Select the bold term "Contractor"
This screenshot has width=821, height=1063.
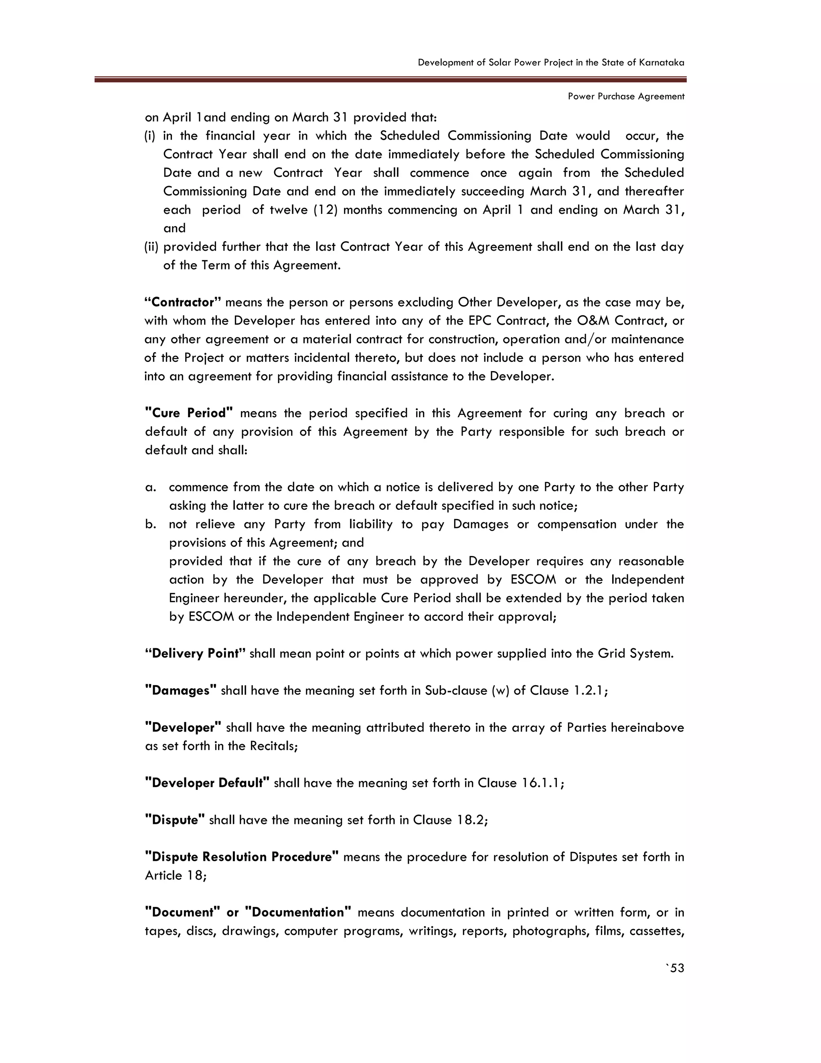tap(183, 302)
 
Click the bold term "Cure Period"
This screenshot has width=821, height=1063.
tap(189, 413)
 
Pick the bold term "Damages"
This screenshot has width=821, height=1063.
tap(181, 691)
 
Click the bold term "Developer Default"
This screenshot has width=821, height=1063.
tap(207, 783)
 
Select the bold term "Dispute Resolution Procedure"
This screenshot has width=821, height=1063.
tap(242, 857)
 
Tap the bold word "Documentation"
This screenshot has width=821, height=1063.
tap(298, 913)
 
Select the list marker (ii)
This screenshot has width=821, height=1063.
tap(151, 247)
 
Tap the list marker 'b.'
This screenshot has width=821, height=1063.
tap(151, 524)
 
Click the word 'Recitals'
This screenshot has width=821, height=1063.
tap(272, 746)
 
